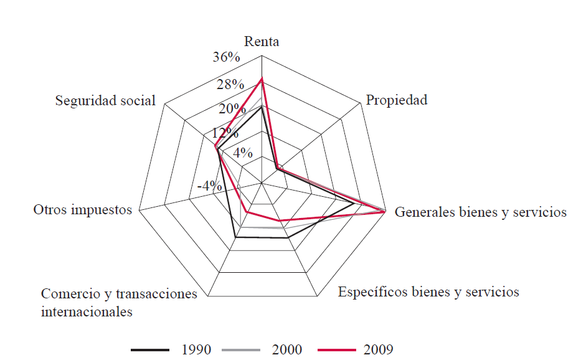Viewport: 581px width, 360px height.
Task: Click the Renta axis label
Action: tap(262, 42)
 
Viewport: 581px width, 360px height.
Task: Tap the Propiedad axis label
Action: tap(397, 100)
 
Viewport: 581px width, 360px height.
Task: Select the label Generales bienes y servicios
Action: tap(481, 212)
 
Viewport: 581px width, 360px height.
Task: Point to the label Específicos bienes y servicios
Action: tap(428, 291)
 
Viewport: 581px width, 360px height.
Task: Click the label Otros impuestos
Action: tap(83, 209)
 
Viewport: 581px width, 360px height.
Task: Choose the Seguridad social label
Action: tap(105, 100)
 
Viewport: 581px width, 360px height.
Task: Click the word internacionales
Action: tap(87, 311)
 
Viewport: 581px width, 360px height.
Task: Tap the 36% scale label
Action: tap(226, 57)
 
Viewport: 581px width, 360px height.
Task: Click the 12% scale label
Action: tap(225, 133)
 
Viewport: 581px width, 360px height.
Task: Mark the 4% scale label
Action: tap(242, 153)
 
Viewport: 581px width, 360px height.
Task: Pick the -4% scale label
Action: tap(209, 186)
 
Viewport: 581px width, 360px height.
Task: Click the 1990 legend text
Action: tap(196, 349)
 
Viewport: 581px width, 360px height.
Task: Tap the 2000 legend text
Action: tap(287, 349)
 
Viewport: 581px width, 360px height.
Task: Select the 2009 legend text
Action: tap(378, 349)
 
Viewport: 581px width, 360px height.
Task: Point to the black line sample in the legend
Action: tap(150, 349)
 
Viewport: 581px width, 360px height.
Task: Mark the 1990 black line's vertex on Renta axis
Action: tap(262, 107)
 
